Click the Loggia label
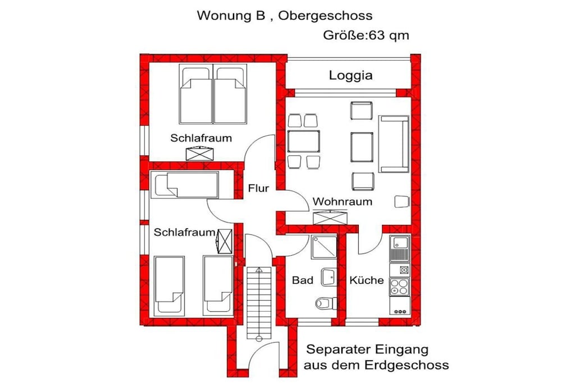tap(350, 76)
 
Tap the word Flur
tap(258, 188)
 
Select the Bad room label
tap(303, 280)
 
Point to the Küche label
tap(366, 280)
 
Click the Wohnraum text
tap(342, 201)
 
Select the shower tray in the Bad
tap(324, 247)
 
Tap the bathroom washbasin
tap(329, 277)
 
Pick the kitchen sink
tap(399, 248)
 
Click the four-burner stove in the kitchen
tap(399, 287)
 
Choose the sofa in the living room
tap(394, 144)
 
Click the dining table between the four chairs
tap(303, 141)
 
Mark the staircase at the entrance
tap(259, 303)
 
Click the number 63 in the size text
tap(375, 35)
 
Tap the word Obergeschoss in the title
tap(325, 16)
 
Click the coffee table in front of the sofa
tap(362, 147)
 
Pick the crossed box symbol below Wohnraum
tap(330, 218)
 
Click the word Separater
tap(337, 350)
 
